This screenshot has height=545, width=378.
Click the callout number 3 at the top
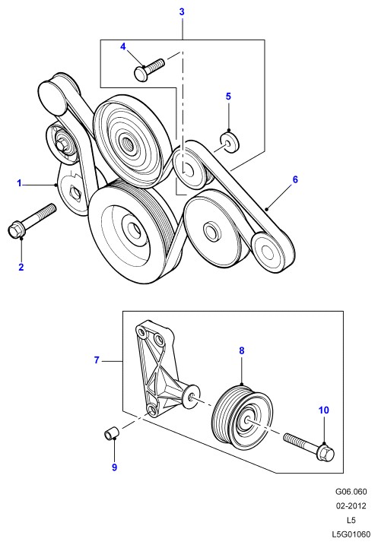pos(182,12)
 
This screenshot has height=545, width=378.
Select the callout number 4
pos(123,46)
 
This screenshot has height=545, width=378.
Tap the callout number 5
pos(228,97)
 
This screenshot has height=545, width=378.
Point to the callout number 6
pos(295,179)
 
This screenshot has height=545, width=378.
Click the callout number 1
pos(20,183)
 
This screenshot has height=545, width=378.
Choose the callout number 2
pos(21,267)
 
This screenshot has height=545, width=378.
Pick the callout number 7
pos(97,360)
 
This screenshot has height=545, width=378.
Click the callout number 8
pos(242,350)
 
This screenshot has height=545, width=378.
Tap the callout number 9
pos(114,467)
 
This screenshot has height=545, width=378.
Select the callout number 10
pos(323,410)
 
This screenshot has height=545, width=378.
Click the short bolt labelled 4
pos(149,69)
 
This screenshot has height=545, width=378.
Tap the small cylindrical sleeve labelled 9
pos(112,435)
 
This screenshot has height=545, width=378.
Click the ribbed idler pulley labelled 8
pos(243,416)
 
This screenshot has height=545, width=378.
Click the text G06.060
pos(351,492)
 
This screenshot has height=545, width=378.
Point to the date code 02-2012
pos(351,505)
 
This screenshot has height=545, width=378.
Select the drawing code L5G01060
pos(351,534)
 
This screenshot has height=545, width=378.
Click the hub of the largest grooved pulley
pos(132,229)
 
